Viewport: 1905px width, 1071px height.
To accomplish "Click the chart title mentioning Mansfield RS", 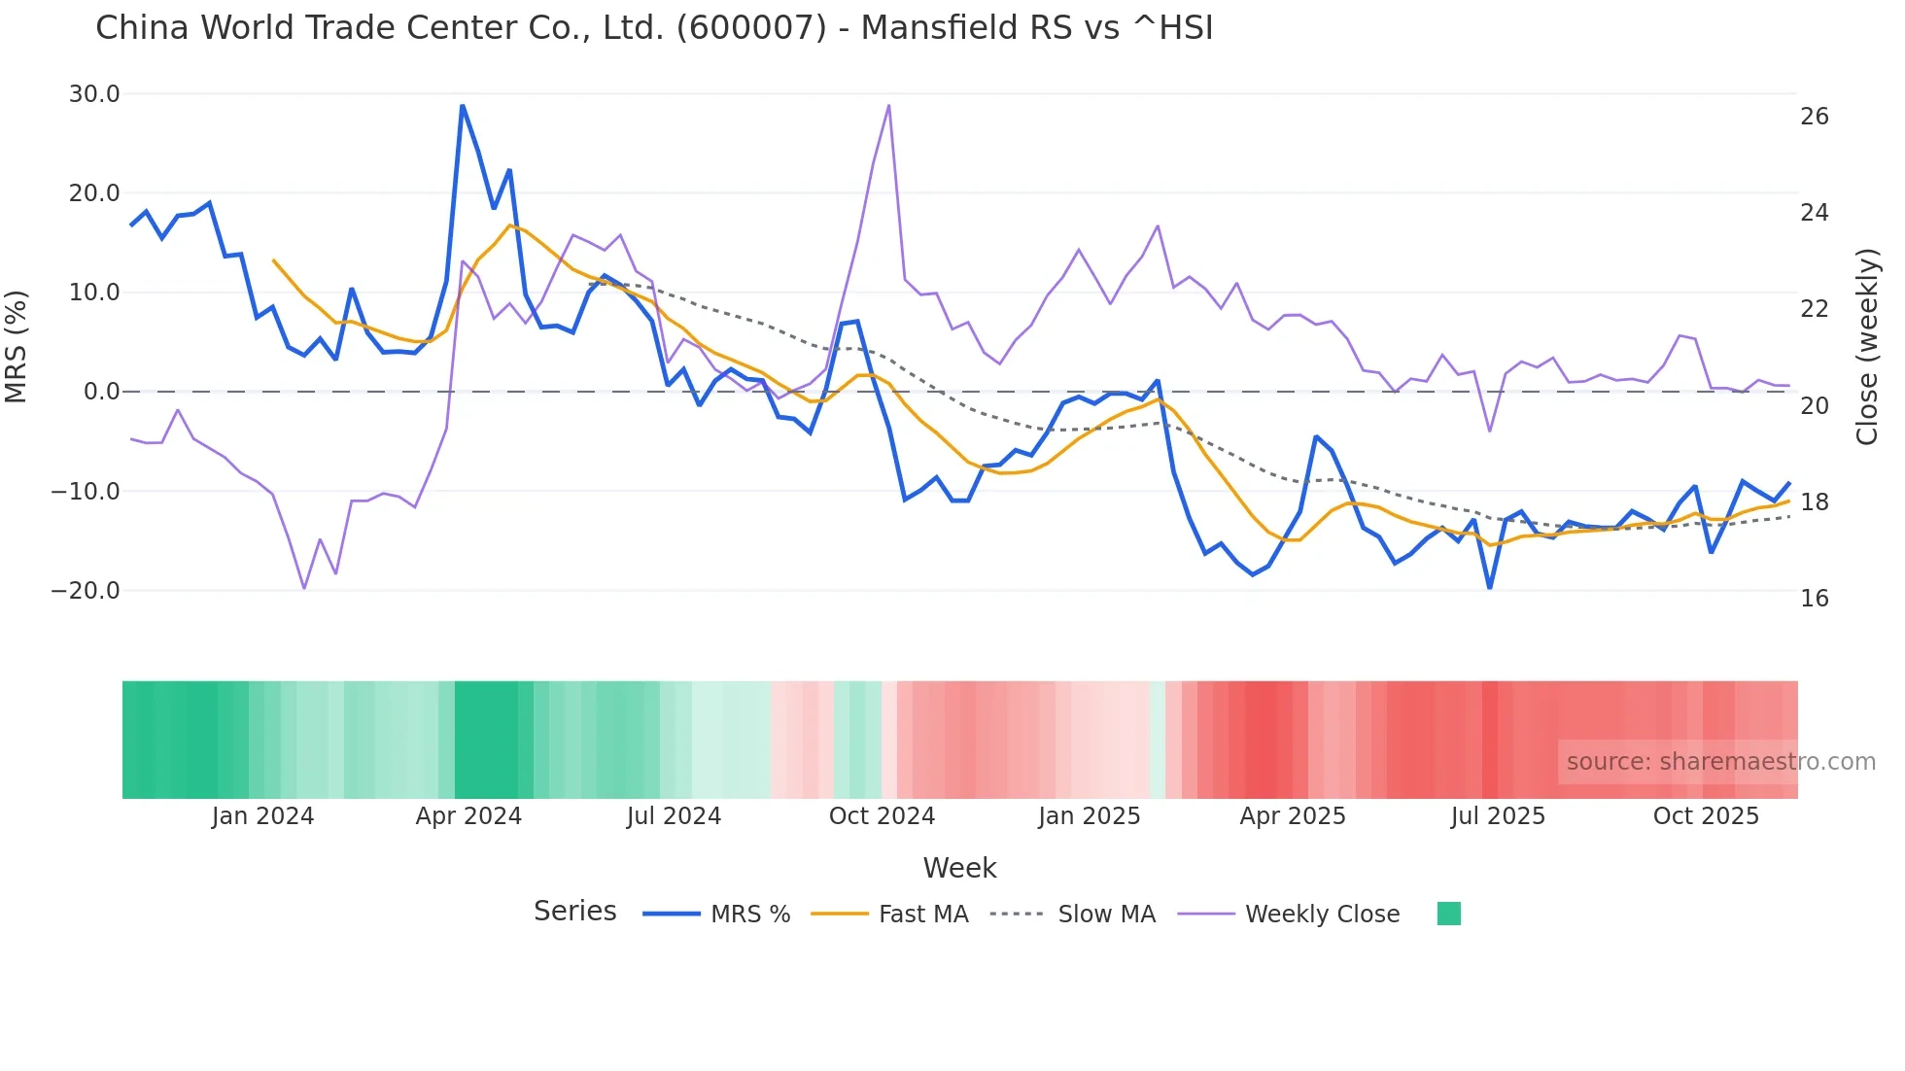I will pos(654,28).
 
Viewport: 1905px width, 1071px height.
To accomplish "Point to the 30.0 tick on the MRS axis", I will pos(94,94).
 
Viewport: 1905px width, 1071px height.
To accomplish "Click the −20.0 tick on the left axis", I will pos(86,591).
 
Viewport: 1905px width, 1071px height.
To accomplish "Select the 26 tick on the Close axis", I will pos(1814,117).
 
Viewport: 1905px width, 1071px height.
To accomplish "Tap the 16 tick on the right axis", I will pos(1814,599).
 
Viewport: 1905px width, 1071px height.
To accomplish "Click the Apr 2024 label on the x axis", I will pos(468,816).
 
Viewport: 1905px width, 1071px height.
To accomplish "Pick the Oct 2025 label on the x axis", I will pos(1706,816).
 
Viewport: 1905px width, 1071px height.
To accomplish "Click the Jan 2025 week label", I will pos(1089,816).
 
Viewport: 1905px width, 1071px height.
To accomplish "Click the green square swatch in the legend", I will pos(1448,914).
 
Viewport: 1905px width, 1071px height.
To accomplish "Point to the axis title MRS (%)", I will pos(17,347).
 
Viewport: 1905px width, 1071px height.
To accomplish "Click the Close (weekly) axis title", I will pos(1867,347).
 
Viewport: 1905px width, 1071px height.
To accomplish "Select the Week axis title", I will pos(959,868).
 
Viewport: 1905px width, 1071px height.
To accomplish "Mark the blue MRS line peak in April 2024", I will pos(463,106).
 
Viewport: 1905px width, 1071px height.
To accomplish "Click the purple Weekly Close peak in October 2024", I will pos(888,106).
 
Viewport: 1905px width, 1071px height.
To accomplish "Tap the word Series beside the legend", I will pos(574,912).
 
